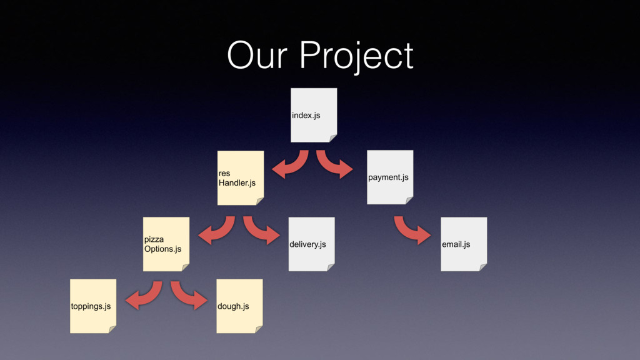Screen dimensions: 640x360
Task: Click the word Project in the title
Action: point(356,56)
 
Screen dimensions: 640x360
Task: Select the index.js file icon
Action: point(314,115)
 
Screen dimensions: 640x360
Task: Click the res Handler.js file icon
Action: point(240,177)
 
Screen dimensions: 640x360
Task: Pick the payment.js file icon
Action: point(390,177)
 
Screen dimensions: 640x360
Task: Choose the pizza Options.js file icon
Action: point(166,244)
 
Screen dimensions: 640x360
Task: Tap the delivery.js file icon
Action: point(311,244)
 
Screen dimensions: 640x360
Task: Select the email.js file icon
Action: point(464,244)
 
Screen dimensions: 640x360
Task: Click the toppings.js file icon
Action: point(93,306)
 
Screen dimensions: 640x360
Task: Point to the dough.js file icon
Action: point(239,306)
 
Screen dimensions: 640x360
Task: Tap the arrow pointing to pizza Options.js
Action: point(218,231)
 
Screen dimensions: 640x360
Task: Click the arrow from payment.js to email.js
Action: point(411,231)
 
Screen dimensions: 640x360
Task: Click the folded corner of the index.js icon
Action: point(333,138)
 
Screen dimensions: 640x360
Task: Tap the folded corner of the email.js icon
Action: point(482,267)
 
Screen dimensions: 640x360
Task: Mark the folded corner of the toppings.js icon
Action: point(112,329)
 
